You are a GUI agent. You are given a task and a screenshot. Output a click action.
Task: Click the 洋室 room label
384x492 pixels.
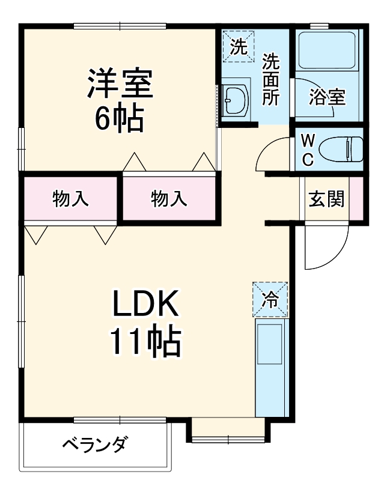(x=120, y=84)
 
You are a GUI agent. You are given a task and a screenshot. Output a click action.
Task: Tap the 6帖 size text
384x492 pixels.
(x=120, y=118)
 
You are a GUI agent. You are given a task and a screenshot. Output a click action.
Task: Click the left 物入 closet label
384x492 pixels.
(x=70, y=198)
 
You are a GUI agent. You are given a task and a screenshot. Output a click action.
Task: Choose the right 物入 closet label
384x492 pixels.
(x=169, y=198)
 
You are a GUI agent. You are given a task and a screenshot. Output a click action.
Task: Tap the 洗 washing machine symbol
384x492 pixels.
(x=239, y=47)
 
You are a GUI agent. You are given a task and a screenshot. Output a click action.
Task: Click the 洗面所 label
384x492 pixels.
(x=272, y=79)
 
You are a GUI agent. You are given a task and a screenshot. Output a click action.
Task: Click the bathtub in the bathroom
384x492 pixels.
(x=328, y=51)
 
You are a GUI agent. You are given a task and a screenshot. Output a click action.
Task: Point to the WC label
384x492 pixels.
(x=307, y=150)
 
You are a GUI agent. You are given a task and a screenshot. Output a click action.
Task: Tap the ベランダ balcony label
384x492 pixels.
(x=95, y=446)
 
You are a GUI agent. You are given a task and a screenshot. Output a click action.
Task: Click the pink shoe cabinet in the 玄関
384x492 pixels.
(x=356, y=198)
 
